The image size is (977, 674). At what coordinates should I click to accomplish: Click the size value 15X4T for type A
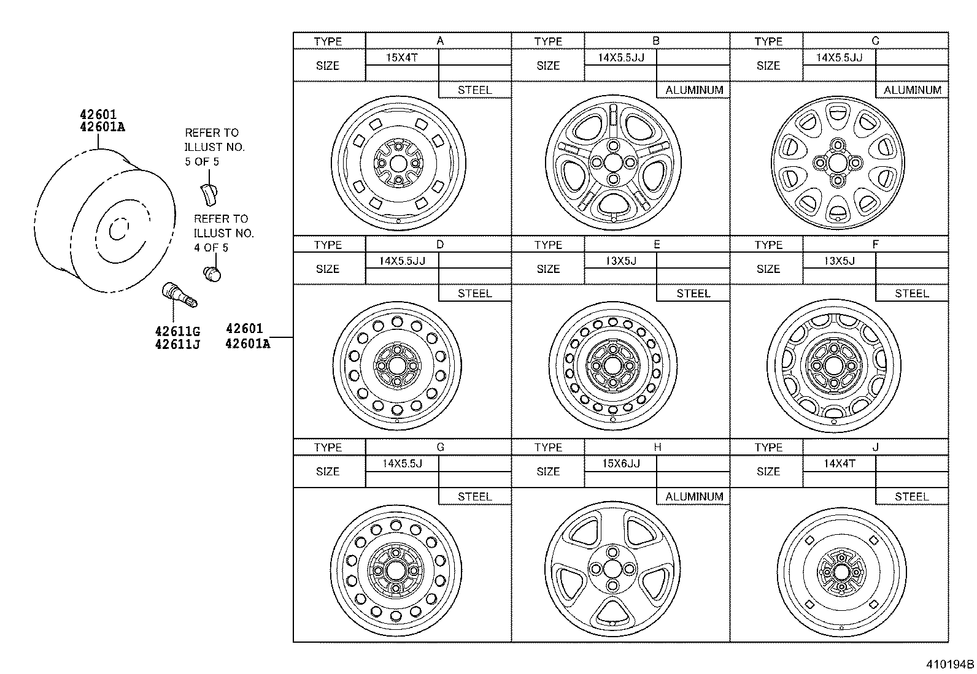pos(402,58)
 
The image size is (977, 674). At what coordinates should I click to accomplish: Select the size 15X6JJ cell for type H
pos(620,464)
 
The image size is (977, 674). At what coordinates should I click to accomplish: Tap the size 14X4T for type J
pos(839,464)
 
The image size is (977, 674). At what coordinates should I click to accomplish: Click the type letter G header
pos(439,447)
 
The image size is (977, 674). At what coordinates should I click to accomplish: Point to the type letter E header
pos(657,244)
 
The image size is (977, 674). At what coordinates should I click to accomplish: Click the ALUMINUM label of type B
pos(693,90)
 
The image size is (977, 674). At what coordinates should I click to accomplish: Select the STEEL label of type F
pos(911,293)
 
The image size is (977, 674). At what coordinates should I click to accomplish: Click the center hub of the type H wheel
pos(612,569)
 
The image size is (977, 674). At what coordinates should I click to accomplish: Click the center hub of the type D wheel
pos(396,366)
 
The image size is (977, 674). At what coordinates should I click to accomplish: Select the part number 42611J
pos(177,345)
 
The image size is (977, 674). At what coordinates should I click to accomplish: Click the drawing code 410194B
pos(950,664)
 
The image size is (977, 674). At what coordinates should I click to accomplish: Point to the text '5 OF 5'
pos(202,162)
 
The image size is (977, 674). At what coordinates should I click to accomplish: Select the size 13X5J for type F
pos(839,261)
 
